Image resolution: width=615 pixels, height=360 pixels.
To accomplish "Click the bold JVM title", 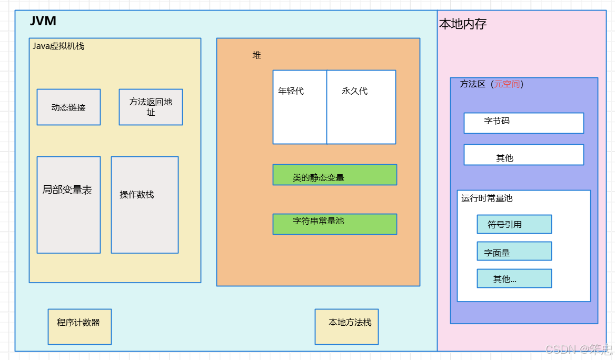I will point(43,22).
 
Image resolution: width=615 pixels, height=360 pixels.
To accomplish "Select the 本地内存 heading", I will point(463,24).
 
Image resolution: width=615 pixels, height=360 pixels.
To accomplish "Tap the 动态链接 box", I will point(68,107).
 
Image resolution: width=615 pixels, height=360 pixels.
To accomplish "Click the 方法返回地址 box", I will point(151,107).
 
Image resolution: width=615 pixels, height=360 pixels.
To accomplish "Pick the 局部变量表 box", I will point(68,205).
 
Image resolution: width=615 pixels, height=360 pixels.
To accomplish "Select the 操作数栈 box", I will point(145,205).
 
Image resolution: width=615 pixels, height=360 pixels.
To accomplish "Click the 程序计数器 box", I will point(80,326).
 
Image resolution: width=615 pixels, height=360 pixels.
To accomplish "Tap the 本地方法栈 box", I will point(346,326).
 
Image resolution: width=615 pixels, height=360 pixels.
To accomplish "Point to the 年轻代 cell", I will point(299,107).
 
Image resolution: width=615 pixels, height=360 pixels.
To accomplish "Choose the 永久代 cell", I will point(361,107).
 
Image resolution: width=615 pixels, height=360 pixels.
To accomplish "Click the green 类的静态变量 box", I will point(334,175).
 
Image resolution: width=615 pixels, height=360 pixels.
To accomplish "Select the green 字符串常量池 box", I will point(334,224).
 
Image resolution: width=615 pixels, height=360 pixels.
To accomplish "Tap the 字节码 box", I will point(523,123).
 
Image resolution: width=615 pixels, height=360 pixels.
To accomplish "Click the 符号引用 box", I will point(514,224).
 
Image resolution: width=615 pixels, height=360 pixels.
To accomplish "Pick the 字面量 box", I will point(514,252).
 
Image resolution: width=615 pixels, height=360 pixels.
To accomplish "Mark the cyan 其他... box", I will point(514,278).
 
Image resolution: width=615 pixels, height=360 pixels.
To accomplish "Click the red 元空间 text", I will point(507,84).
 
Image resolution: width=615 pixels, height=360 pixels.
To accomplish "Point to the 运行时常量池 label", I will point(487,198).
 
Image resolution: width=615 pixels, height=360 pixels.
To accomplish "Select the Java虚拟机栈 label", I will point(58,46).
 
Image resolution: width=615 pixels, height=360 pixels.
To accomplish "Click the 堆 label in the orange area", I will point(256,55).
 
